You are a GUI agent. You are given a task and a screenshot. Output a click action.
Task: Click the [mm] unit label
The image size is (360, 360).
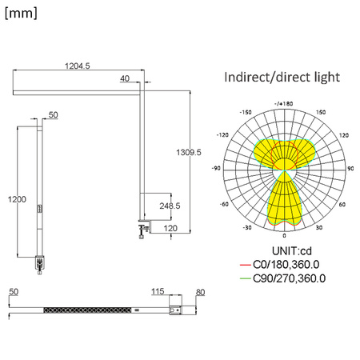(x=21, y=13)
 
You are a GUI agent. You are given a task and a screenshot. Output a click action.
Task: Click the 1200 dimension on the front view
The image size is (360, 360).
(x=17, y=198)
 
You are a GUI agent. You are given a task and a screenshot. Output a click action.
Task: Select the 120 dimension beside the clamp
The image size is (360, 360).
(x=169, y=229)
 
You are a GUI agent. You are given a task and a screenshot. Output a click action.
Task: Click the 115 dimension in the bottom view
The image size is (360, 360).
(x=157, y=292)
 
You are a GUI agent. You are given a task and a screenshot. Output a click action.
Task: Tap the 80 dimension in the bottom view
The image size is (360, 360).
(x=200, y=292)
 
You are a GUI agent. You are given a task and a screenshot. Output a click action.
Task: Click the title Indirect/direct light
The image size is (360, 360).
(x=282, y=78)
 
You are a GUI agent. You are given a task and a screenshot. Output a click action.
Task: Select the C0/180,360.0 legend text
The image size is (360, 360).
(x=288, y=265)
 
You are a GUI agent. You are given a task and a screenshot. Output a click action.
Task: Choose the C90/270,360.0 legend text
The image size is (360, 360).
(x=290, y=278)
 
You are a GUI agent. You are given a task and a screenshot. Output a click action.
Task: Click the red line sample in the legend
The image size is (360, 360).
(x=244, y=265)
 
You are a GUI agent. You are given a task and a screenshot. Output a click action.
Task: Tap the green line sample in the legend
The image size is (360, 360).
(x=244, y=278)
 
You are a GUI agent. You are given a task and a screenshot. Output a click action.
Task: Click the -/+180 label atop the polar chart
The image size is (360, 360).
(x=284, y=103)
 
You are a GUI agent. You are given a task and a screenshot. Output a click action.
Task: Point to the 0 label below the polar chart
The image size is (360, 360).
(x=284, y=236)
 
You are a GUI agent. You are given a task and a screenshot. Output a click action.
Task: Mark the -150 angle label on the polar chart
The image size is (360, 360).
(x=246, y=113)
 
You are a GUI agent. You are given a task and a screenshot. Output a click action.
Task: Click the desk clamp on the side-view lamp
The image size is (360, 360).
(x=144, y=229)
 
